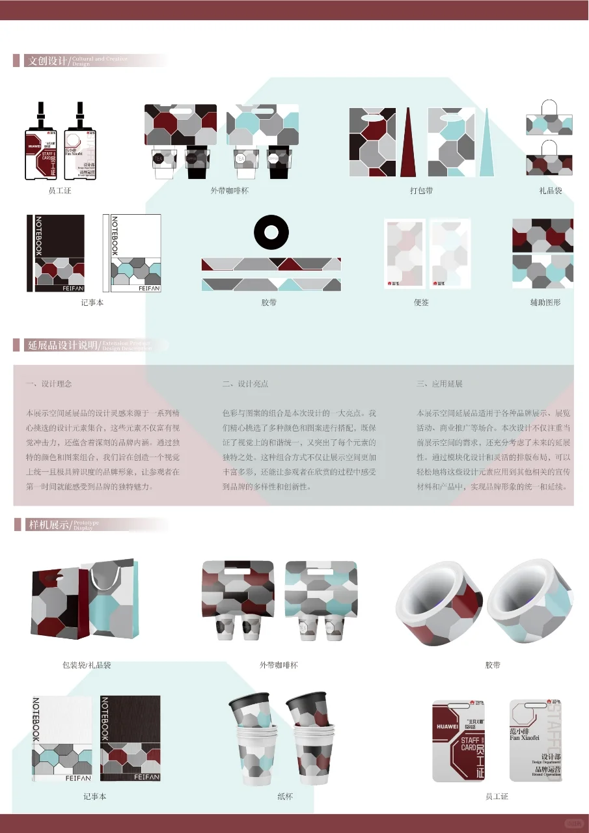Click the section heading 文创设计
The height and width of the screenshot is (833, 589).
[47, 61]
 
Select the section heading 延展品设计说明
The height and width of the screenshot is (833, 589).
[62, 345]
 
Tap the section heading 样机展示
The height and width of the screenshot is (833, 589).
[48, 525]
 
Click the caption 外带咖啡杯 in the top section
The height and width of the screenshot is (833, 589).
[229, 191]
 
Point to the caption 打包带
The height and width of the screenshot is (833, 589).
[421, 191]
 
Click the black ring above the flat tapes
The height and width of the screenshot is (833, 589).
[271, 232]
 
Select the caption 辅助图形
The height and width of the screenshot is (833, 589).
[545, 303]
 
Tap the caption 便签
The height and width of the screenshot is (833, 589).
[421, 303]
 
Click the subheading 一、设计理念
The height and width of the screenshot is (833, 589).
[49, 384]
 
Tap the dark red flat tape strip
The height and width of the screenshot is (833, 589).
[271, 264]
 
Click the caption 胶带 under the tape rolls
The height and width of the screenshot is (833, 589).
[493, 665]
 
